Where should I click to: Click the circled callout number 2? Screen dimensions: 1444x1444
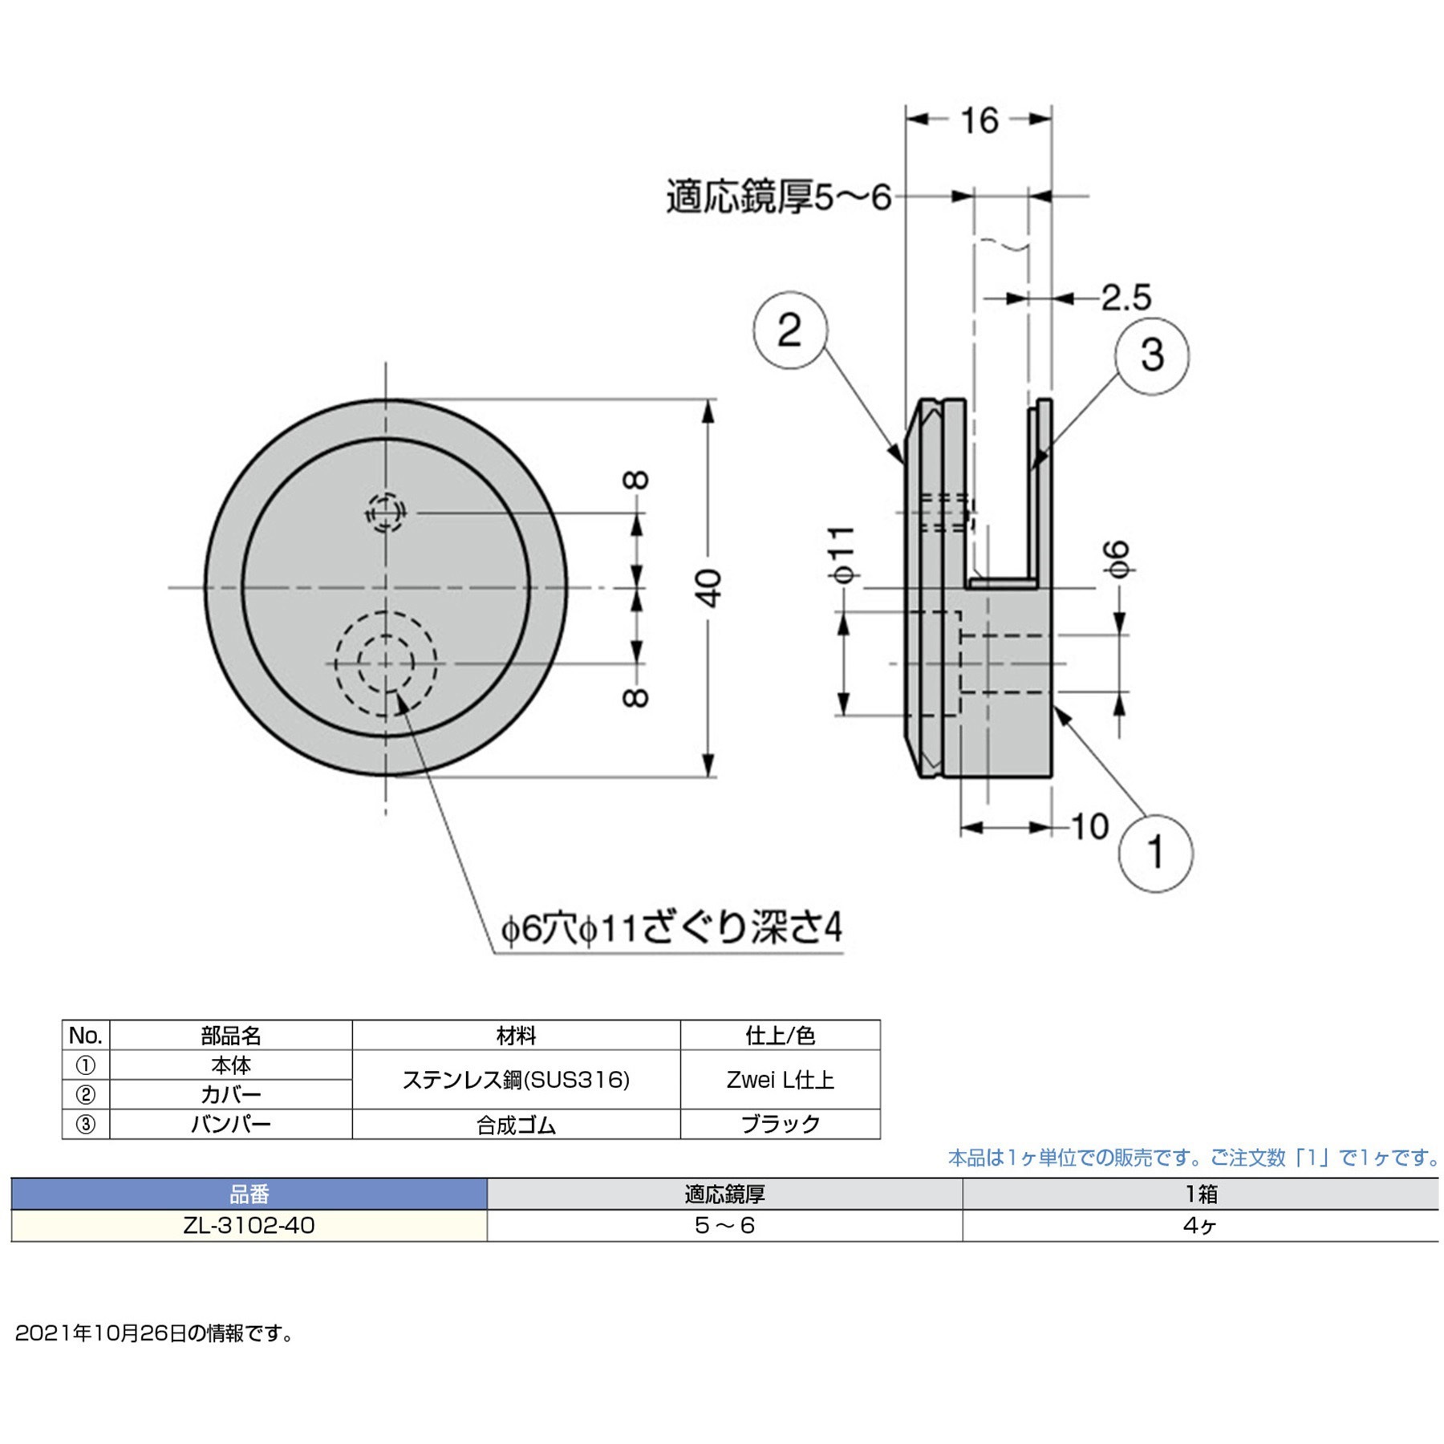point(790,331)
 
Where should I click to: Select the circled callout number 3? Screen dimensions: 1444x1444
point(1152,355)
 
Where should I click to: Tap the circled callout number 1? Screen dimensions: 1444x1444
point(1155,853)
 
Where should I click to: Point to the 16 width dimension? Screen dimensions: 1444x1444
point(979,120)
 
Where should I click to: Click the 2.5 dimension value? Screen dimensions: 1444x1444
point(1126,298)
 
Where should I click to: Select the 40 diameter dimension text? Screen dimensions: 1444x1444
point(709,588)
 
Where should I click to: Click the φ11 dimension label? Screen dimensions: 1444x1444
point(843,554)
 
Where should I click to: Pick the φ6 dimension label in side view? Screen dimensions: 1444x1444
point(1117,559)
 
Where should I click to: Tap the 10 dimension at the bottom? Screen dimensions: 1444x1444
point(1089,826)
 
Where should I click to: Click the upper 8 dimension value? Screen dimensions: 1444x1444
point(636,481)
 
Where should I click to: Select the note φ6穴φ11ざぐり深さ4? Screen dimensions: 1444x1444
point(671,929)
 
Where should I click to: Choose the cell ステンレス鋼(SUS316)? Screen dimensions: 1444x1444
point(516,1080)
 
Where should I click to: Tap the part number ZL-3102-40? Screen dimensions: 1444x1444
point(249,1225)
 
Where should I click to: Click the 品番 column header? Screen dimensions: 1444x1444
point(249,1195)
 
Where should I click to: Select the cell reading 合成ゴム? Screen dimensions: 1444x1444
point(516,1125)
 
